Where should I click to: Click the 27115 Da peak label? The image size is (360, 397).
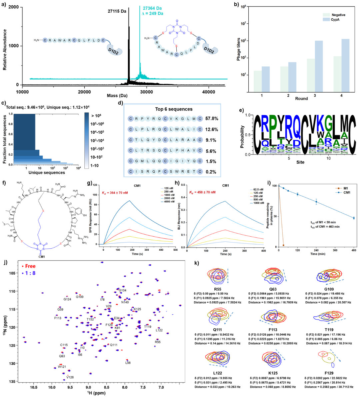(117, 11)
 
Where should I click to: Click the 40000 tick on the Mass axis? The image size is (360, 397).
(208, 92)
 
